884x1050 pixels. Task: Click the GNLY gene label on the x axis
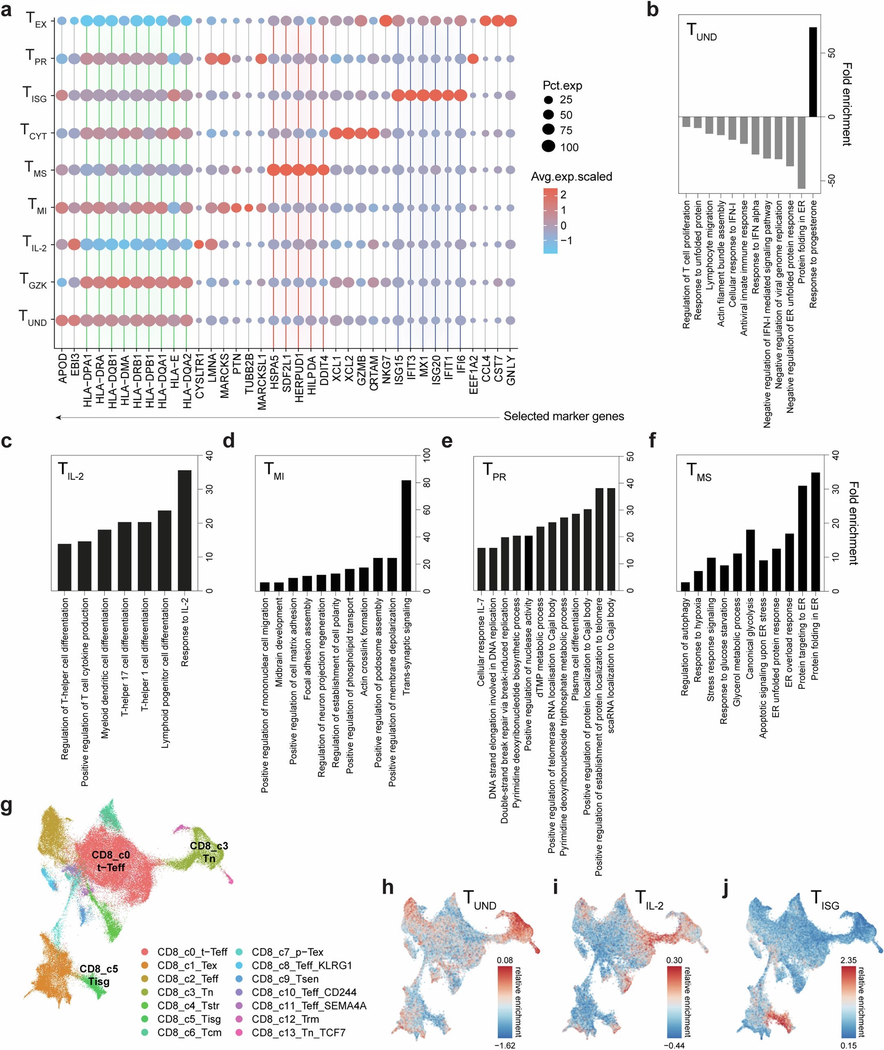511,370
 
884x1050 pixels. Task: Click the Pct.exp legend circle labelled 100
548,146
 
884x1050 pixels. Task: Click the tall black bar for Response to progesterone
813,71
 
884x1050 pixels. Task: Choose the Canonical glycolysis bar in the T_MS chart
750,560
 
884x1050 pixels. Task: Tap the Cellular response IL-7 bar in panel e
481,569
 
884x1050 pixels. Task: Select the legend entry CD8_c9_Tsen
285,979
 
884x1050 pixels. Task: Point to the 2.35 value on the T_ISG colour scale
848,960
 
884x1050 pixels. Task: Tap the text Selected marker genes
563,416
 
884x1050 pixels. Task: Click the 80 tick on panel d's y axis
426,483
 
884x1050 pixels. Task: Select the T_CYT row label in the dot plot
33,132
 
